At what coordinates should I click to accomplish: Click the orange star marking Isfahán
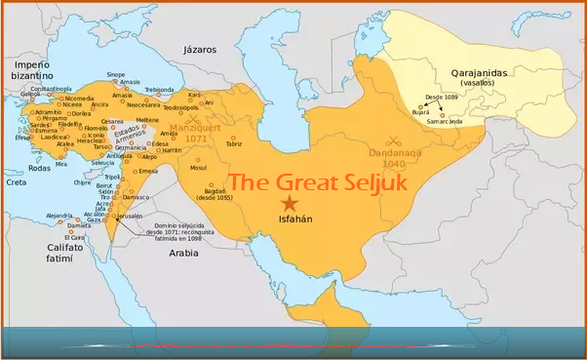coord(289,203)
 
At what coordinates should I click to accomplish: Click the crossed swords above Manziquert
coord(193,117)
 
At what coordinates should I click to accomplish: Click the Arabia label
coord(183,251)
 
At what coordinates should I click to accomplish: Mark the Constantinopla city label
coord(50,89)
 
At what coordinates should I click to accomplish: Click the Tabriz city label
coord(234,143)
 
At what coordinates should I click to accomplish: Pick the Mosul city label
coord(198,167)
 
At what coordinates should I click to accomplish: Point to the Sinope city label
coord(116,74)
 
